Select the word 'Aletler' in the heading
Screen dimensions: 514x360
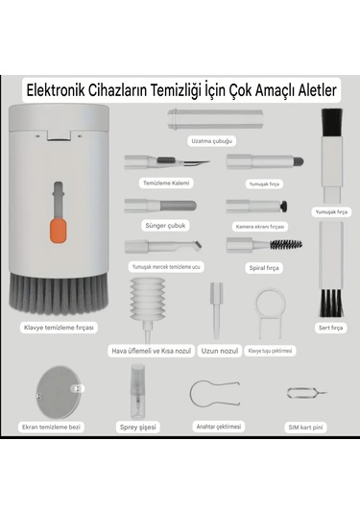click(x=308, y=91)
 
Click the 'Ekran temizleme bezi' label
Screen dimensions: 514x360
click(x=53, y=426)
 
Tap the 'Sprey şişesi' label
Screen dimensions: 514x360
click(x=137, y=426)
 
